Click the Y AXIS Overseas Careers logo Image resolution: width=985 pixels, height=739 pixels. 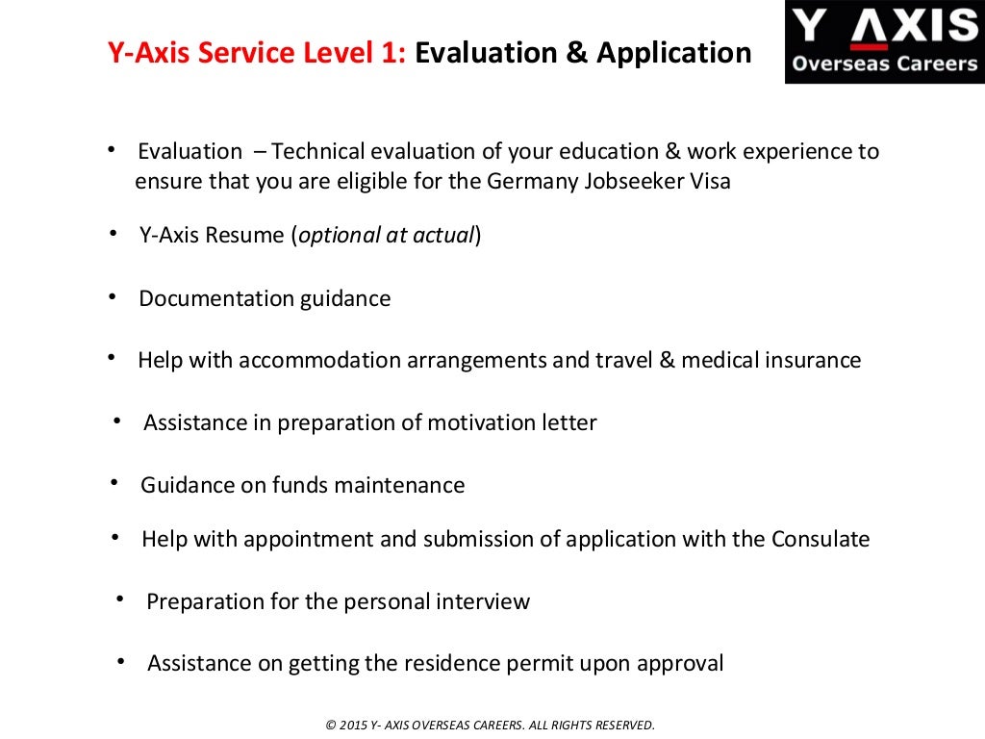tap(884, 41)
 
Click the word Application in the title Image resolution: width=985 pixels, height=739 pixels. tap(673, 53)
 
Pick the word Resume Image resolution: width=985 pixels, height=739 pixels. tap(247, 236)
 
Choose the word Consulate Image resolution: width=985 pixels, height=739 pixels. tap(821, 539)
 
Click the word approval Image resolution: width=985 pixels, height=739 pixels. tap(682, 663)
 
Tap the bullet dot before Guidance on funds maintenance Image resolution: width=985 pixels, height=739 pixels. tap(114, 483)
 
